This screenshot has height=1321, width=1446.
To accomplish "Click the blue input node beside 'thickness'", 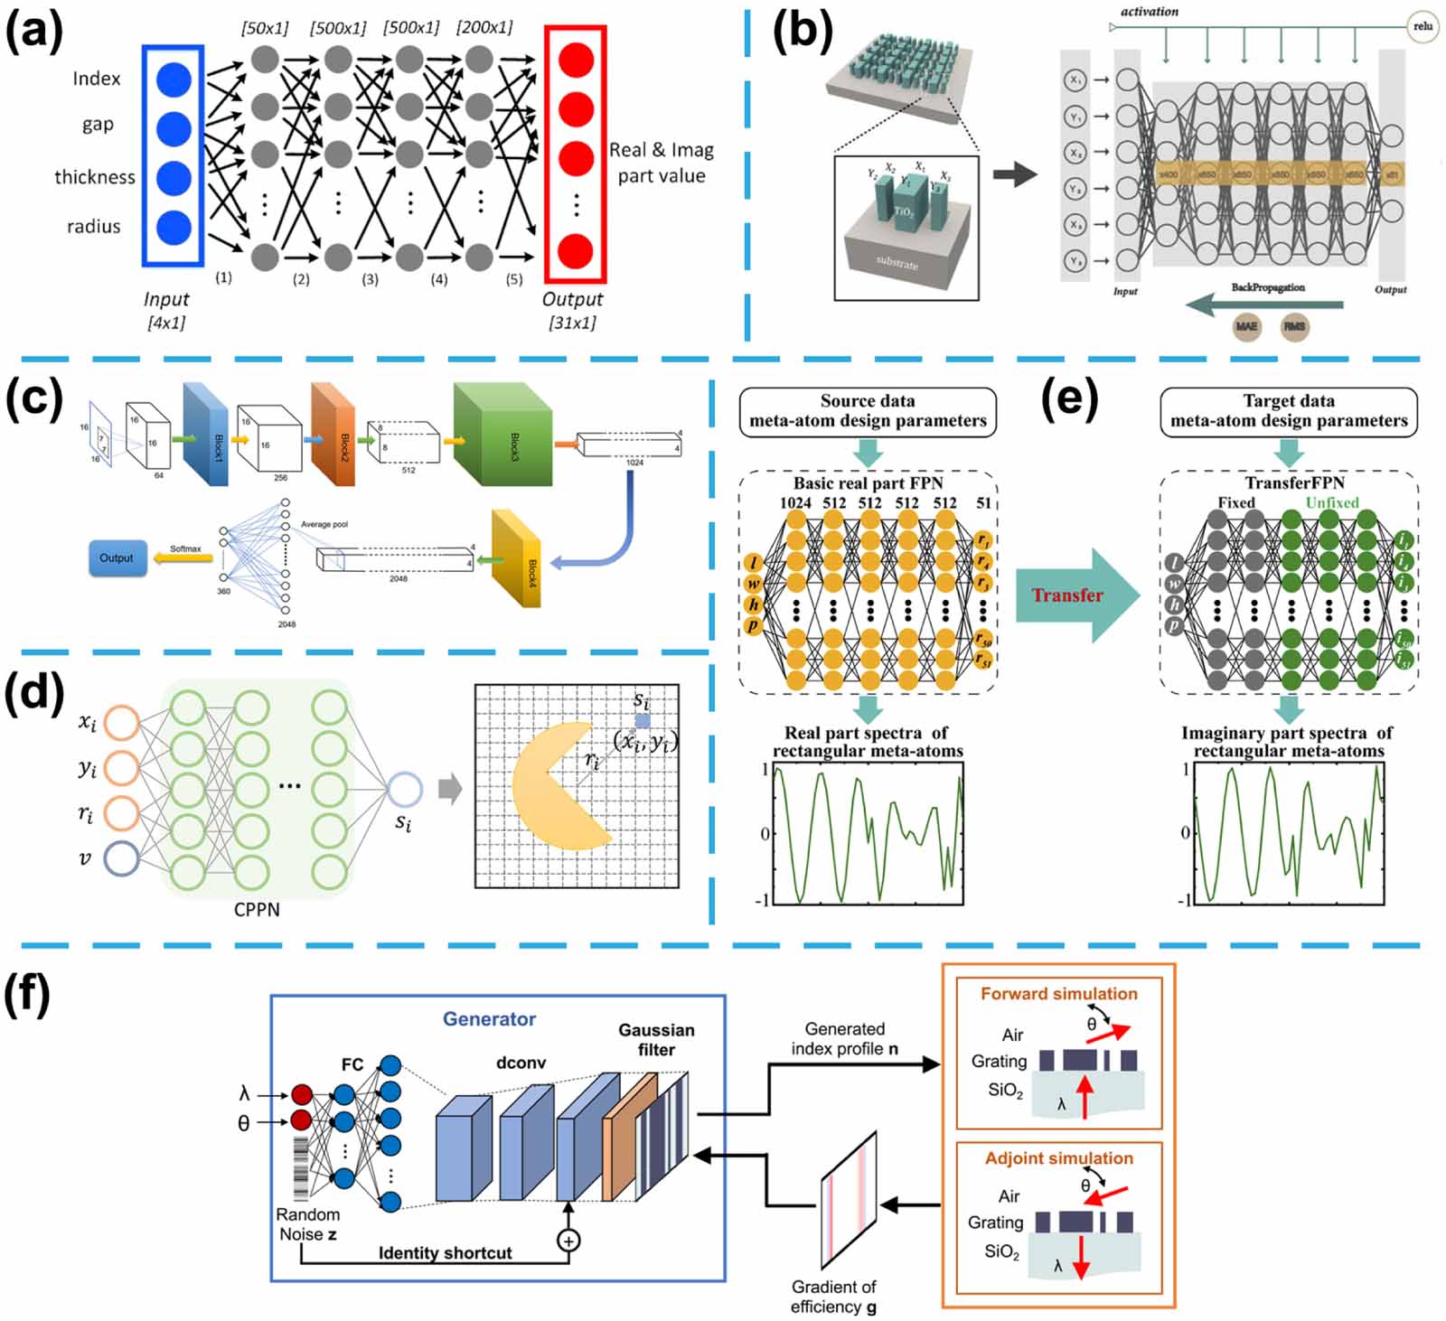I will pos(173,177).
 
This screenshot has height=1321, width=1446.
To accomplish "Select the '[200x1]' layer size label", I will pos(484,28).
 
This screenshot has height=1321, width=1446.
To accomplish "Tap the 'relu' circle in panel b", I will pos(1423,27).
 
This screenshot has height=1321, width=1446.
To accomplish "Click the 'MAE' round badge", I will pos(1246,326).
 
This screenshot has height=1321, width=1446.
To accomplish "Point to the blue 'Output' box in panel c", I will pos(117,557).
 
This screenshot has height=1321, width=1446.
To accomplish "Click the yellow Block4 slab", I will pos(516,557).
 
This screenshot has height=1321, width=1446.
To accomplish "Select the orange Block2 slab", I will pos(334,433).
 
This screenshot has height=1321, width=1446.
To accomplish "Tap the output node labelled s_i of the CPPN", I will pos(404,789).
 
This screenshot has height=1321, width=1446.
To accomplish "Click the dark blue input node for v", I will pos(121,857).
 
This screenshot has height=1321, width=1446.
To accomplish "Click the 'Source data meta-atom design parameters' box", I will pos(868,411).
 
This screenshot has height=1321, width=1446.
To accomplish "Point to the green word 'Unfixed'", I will pos(1331,502).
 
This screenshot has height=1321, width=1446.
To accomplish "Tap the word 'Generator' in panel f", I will pos(489,1019).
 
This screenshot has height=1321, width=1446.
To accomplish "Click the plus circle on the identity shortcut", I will pos(568,1240).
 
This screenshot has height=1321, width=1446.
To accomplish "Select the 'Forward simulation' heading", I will pos(1058,994).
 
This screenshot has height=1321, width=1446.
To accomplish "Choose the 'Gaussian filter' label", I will pos(656,1039).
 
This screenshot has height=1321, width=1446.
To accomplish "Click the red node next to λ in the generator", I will pos(301,1095).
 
